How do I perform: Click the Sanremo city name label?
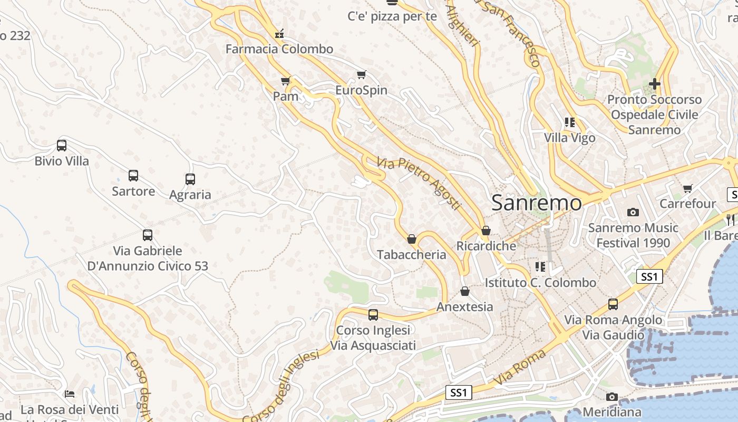click(537, 203)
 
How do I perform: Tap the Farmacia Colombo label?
click(279, 49)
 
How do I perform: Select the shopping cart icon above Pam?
click(286, 81)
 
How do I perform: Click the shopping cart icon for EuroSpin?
click(361, 74)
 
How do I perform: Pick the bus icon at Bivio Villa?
click(62, 145)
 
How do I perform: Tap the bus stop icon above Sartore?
click(133, 175)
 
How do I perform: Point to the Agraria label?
click(190, 195)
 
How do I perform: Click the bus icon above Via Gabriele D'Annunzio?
click(148, 235)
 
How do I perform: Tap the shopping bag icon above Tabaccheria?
click(412, 239)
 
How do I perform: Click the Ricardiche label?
click(486, 246)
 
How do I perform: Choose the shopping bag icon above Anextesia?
click(465, 291)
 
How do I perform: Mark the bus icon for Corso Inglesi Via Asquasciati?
click(373, 314)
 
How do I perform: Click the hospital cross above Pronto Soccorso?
click(655, 83)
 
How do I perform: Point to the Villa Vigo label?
click(569, 138)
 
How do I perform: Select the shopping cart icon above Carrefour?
click(687, 188)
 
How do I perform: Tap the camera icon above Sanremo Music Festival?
click(633, 212)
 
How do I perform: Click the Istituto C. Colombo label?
click(540, 283)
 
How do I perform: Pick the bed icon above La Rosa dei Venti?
click(70, 394)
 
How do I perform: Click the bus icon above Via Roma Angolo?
click(613, 304)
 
